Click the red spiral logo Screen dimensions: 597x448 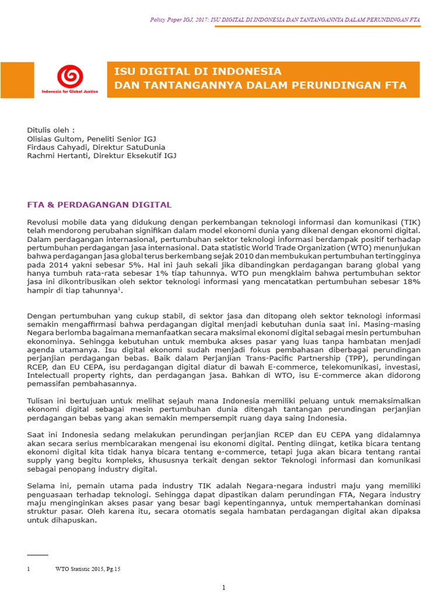click(x=69, y=76)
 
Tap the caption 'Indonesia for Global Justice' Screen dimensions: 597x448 click(x=70, y=92)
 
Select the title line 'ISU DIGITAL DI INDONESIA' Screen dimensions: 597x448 click(x=198, y=72)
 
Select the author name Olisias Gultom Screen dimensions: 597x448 click(x=57, y=139)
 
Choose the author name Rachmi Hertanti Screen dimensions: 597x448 click(x=58, y=156)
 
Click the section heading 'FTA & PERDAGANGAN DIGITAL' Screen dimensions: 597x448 click(x=100, y=205)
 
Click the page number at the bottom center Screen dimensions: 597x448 click(x=223, y=587)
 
